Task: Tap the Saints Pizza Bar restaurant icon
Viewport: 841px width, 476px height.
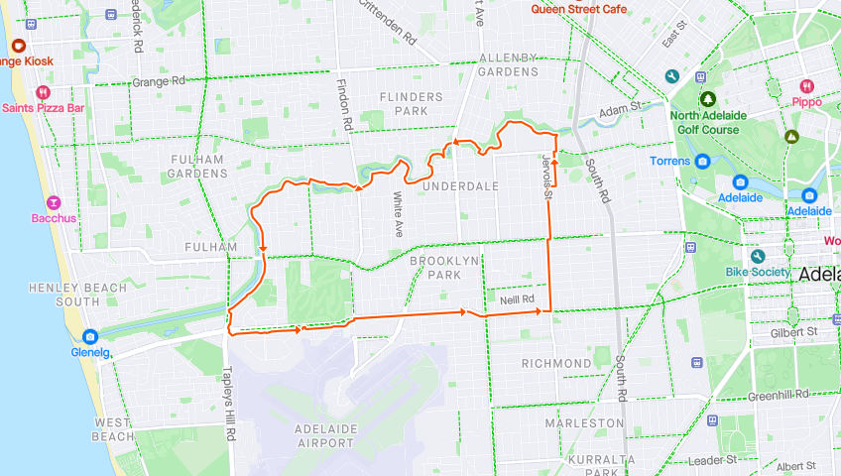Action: [x=43, y=92]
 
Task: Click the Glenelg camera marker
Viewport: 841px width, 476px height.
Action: [x=90, y=336]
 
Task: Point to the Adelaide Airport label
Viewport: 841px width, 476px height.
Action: [x=325, y=435]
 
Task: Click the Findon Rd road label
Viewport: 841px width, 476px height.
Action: [x=344, y=105]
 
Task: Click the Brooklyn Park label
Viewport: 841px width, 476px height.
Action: [x=445, y=267]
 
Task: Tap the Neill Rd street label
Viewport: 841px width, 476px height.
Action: [x=517, y=298]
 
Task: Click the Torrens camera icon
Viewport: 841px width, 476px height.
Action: [x=702, y=161]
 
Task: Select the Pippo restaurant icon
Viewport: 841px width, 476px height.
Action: [x=806, y=86]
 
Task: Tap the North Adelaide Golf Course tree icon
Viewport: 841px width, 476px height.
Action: [x=708, y=99]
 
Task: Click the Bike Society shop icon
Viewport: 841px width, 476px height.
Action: [x=758, y=256]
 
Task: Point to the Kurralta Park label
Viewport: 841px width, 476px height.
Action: [x=603, y=466]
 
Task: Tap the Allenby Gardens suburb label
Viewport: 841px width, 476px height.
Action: [x=508, y=64]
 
